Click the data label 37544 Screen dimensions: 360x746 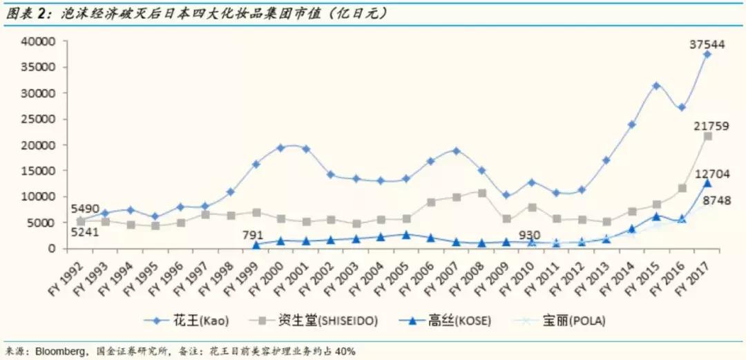[x=707, y=44]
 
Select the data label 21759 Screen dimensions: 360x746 [x=707, y=126]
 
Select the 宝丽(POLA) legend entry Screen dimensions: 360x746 [x=573, y=320]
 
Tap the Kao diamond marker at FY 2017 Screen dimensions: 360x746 [x=707, y=54]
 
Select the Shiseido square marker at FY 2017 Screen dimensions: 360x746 [x=707, y=136]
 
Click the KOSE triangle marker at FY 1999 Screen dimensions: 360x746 [x=256, y=245]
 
